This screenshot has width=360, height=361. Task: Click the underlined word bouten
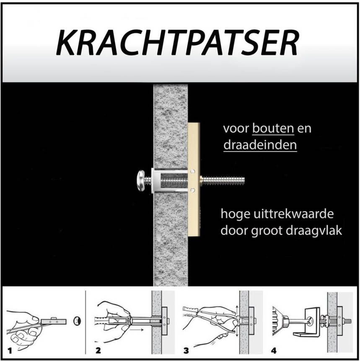tap(273, 129)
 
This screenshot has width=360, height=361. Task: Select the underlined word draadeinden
tap(260, 145)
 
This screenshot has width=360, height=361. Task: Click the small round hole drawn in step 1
tap(77, 321)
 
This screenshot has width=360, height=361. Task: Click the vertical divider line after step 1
tap(85, 322)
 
